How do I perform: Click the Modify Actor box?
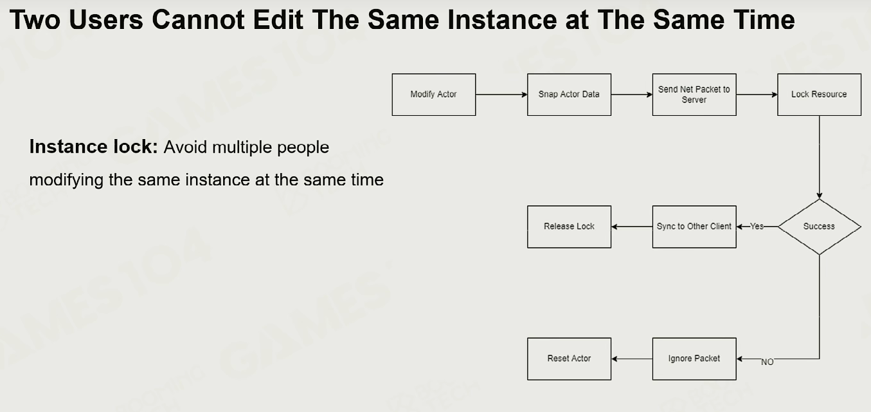[433, 95]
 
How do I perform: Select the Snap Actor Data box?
[569, 95]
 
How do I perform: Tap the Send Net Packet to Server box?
[694, 95]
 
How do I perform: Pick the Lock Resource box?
[820, 95]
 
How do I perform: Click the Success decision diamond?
[820, 227]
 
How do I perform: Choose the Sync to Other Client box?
[694, 227]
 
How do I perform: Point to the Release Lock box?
[569, 227]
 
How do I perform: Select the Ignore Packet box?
[694, 359]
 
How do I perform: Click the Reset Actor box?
[569, 359]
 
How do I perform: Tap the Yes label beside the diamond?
[757, 226]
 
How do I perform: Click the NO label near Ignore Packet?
[767, 362]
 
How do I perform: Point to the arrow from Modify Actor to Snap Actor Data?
[501, 95]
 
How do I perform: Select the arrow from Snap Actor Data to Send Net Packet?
[632, 95]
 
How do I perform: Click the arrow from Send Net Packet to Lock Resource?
[757, 95]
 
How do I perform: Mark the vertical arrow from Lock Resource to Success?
[820, 157]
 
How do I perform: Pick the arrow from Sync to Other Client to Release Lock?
[632, 227]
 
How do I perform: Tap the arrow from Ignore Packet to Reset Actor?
[632, 359]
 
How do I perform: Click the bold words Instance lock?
[94, 147]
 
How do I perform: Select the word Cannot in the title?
[198, 20]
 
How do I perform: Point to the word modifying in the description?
[66, 180]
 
